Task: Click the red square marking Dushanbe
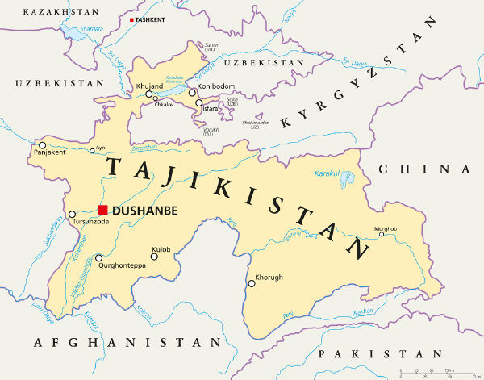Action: point(102,210)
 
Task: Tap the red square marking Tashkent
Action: point(131,19)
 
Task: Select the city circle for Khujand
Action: point(149,94)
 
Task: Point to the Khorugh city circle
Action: point(250,282)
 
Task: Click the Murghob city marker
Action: point(382,235)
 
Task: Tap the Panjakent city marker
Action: point(42,145)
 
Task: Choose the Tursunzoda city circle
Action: point(72,215)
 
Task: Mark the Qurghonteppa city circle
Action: point(98,259)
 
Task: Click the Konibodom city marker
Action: point(192,93)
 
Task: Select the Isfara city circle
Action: point(199,103)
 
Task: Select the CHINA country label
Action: point(424,169)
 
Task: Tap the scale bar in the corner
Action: point(436,372)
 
